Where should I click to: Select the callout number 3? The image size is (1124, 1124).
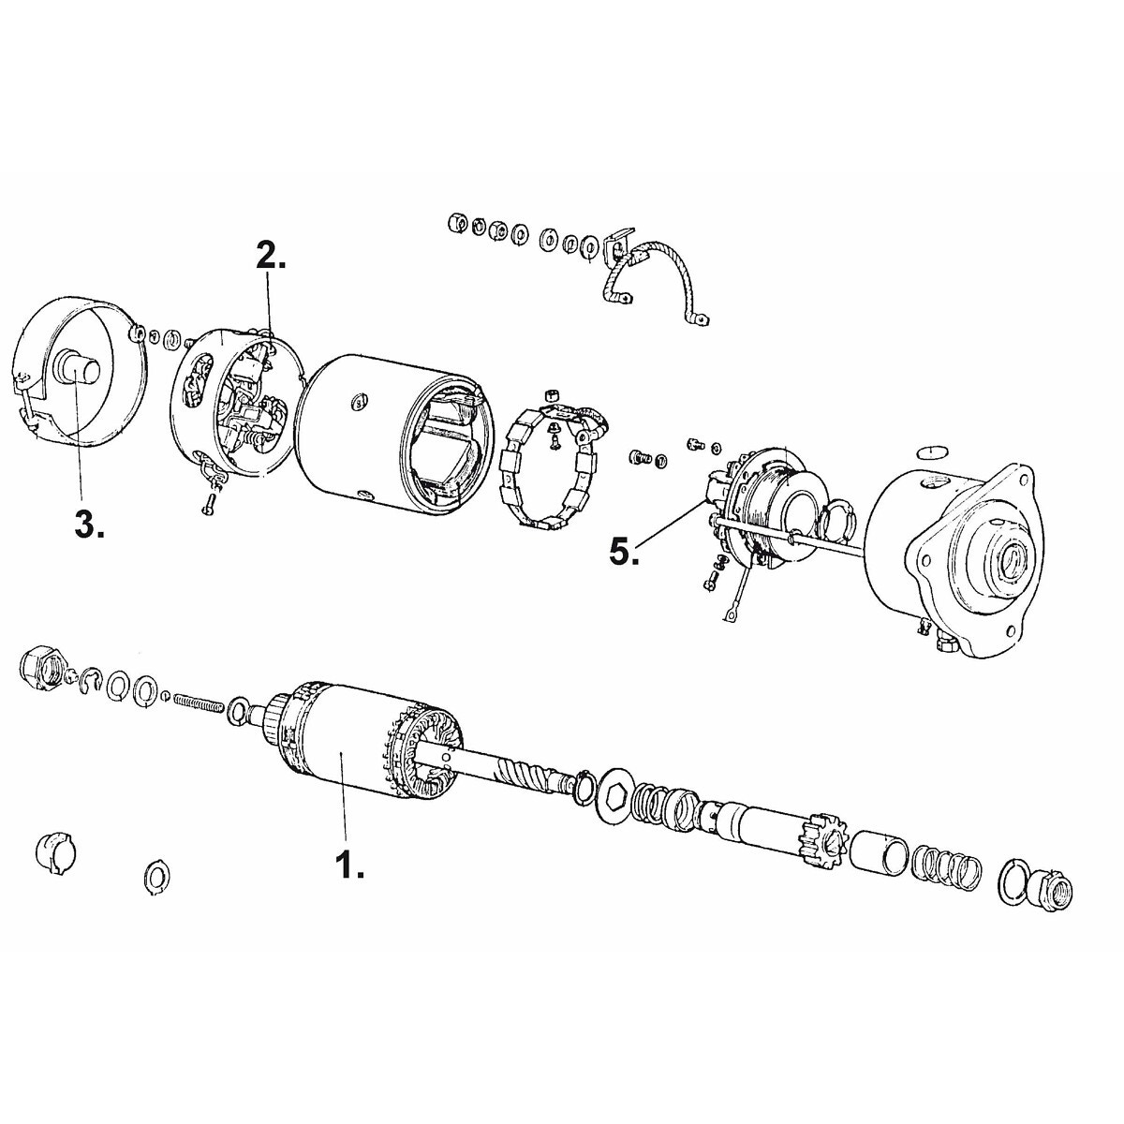(x=90, y=525)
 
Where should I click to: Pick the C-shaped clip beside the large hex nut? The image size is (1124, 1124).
(x=92, y=679)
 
